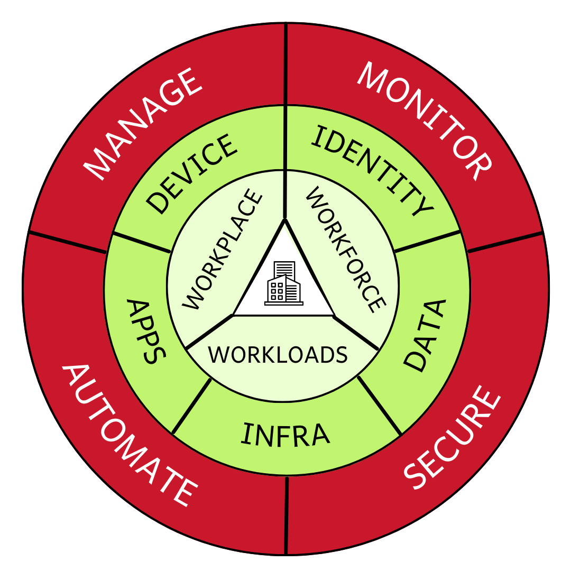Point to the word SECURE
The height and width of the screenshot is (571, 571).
click(452, 439)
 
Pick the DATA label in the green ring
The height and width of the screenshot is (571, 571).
click(425, 336)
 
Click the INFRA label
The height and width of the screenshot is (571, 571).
click(285, 434)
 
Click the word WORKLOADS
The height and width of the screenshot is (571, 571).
click(278, 355)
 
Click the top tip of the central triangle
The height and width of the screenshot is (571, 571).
click(285, 220)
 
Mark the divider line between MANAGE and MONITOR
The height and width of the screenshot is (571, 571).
click(285, 63)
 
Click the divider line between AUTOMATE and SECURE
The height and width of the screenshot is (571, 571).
click(286, 515)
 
